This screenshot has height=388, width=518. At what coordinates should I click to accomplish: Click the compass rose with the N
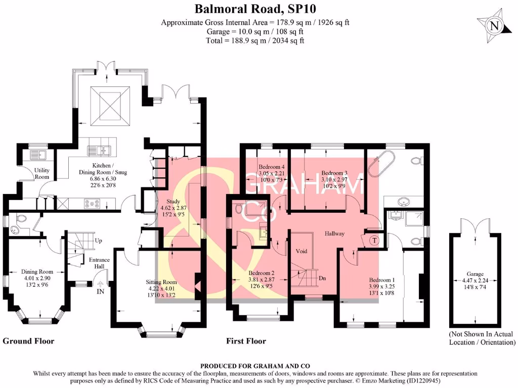493,26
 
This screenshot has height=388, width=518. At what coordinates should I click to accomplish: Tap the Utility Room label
41,174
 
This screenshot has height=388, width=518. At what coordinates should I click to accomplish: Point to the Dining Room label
36,271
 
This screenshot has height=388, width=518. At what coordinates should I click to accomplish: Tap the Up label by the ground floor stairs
98,240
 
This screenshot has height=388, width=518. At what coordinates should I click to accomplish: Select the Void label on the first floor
301,251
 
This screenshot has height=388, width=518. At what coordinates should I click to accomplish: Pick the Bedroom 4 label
272,167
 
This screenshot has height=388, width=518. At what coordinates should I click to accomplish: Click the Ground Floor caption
28,341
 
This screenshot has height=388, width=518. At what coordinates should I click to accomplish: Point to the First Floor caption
246,341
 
